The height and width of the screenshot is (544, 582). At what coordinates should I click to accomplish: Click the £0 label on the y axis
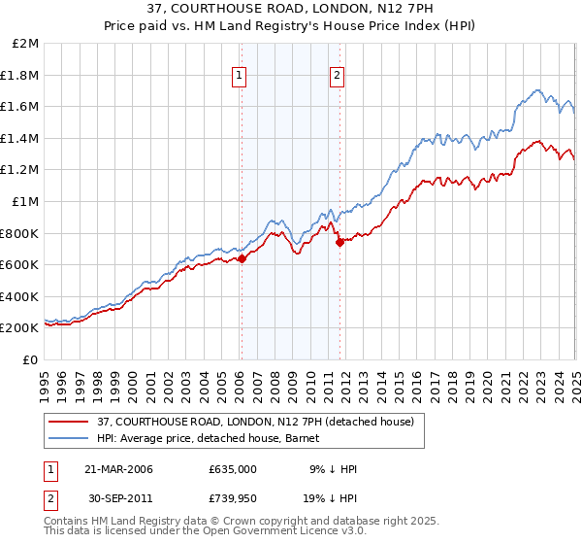pos(31,359)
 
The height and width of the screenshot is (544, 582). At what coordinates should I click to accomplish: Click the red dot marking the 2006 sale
pos(242,258)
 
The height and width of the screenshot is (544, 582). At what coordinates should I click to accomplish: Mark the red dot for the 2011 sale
pos(340,243)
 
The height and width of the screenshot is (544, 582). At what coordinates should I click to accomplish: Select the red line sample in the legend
pos(69,422)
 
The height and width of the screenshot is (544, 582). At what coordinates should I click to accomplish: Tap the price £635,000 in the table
pos(232,469)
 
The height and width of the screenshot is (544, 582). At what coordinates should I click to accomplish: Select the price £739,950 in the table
pos(232,498)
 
